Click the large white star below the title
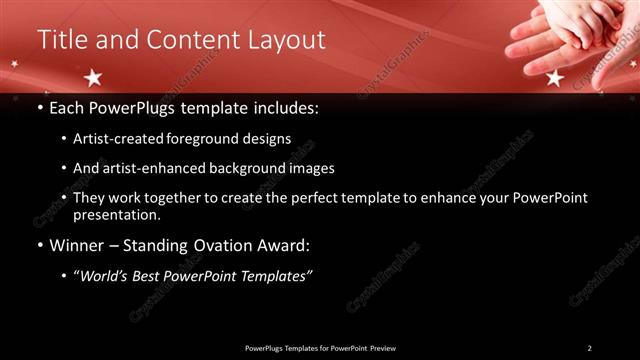93,77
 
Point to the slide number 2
589,348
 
